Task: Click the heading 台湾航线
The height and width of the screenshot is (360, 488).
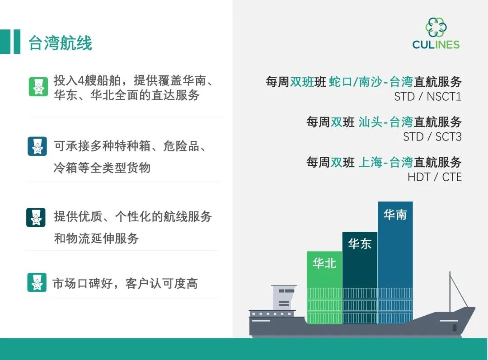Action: coord(61,42)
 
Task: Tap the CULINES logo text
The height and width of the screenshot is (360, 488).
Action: coord(436,45)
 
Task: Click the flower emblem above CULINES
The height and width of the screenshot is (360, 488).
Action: coord(436,27)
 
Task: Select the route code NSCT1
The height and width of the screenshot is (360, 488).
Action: coord(444,97)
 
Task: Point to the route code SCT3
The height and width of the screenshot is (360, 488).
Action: coord(448,137)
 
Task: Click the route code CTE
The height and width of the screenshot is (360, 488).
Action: coord(451,177)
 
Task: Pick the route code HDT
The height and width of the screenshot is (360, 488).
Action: coord(419,177)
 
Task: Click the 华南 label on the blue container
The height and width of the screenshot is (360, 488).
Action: coord(395,215)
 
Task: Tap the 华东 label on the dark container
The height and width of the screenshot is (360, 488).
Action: coord(360,243)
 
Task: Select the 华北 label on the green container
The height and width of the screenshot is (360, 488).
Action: coord(324,263)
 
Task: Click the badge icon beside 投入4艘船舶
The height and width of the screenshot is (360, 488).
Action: coord(38,87)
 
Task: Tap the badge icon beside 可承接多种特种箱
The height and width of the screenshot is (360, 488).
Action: coord(38,146)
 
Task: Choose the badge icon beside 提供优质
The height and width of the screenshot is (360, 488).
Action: coord(36,218)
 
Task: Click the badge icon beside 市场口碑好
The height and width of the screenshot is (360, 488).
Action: coord(37,282)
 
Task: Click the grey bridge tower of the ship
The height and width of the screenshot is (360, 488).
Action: coord(283,298)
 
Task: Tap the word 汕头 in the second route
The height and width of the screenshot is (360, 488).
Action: coord(370,122)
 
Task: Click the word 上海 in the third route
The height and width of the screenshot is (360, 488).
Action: coord(370,162)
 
